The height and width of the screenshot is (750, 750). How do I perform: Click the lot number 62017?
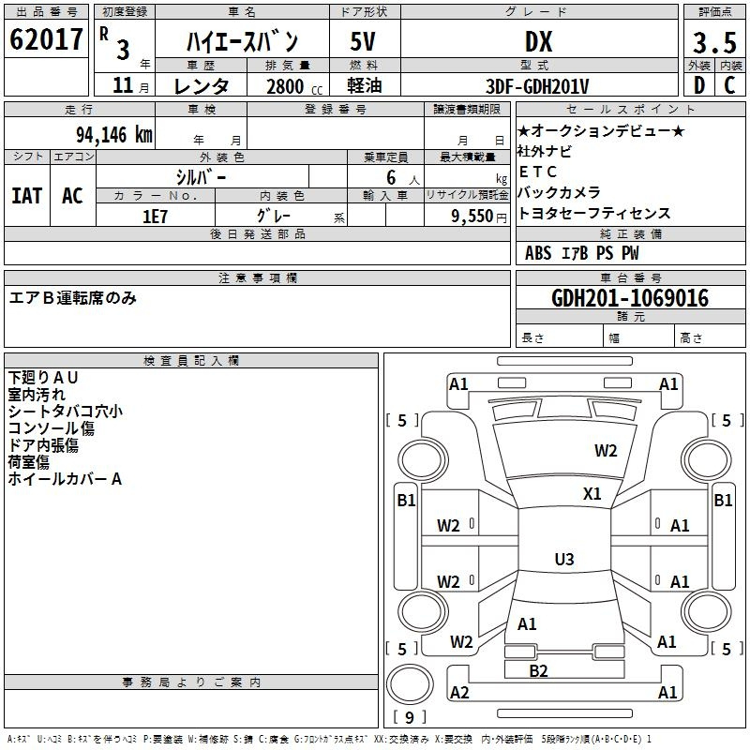tap(46, 39)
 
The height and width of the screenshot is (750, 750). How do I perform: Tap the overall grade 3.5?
tap(714, 42)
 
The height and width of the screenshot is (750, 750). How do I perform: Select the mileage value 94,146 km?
tap(114, 135)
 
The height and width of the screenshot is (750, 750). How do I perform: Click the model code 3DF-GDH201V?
tap(537, 86)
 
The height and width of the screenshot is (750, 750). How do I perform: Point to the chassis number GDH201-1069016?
tap(630, 298)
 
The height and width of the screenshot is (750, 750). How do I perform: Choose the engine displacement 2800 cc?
tap(294, 86)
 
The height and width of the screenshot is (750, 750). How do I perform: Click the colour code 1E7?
tap(155, 217)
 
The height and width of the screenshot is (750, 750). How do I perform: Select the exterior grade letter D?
tap(699, 85)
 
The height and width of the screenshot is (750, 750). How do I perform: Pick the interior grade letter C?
tap(729, 85)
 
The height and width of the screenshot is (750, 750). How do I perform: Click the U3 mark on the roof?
tap(564, 559)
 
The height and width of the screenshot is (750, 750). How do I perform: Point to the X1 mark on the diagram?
tap(592, 494)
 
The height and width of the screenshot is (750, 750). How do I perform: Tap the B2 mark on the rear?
tap(538, 671)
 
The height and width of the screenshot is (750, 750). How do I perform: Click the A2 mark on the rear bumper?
tap(459, 693)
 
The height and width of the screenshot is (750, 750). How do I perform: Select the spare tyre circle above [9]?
tap(410, 684)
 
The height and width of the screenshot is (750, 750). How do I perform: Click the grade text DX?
tap(538, 41)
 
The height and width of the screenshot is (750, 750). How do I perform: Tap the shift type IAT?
tap(26, 196)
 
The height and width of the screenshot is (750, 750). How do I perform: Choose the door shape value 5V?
tap(363, 41)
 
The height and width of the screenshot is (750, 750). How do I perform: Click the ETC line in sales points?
tap(537, 172)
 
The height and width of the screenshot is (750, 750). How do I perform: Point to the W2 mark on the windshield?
tap(606, 451)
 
